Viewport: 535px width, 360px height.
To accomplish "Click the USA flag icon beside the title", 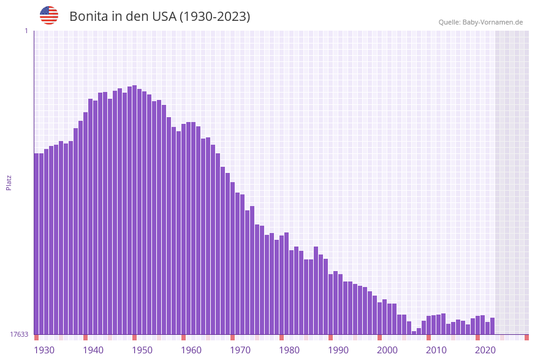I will (x=49, y=15).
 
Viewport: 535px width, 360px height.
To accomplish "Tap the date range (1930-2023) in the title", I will (x=214, y=17).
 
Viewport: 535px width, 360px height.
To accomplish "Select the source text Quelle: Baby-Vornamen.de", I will (x=480, y=22).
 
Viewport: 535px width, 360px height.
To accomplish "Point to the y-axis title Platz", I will (x=9, y=182).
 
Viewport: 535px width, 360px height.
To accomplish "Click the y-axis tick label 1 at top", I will (x=26, y=31).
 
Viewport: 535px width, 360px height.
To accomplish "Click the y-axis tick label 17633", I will (x=18, y=334).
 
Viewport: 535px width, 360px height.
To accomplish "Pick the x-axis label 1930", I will (x=44, y=350).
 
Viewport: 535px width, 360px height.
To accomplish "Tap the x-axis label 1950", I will (x=142, y=350).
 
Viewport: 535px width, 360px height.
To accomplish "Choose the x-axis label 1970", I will (x=240, y=350).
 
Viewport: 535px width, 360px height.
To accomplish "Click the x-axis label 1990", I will (x=338, y=350).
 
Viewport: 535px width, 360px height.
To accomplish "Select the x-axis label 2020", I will (x=485, y=350).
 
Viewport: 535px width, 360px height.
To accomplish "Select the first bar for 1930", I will (x=36, y=245).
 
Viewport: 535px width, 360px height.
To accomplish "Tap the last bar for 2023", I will (x=492, y=326).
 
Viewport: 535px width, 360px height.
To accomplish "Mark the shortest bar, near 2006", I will (x=414, y=332).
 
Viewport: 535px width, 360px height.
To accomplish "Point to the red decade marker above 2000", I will (x=379, y=337).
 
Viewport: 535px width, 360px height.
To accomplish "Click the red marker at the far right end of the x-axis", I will (x=526, y=337).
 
